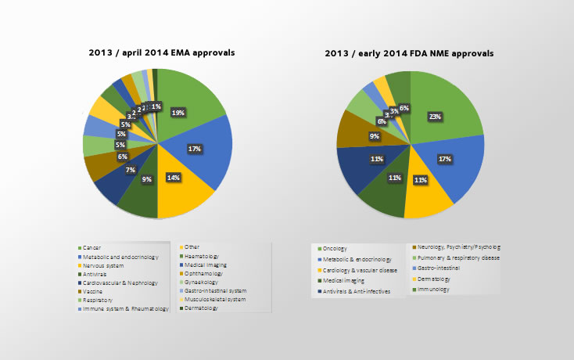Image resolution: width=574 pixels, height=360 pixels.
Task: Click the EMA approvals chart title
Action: click(162, 53)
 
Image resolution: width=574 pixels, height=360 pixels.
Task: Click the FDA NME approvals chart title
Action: click(409, 54)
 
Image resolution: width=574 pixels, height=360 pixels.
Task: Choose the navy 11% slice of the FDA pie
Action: click(356, 167)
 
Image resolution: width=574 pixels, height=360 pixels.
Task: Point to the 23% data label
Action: click(433, 117)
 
